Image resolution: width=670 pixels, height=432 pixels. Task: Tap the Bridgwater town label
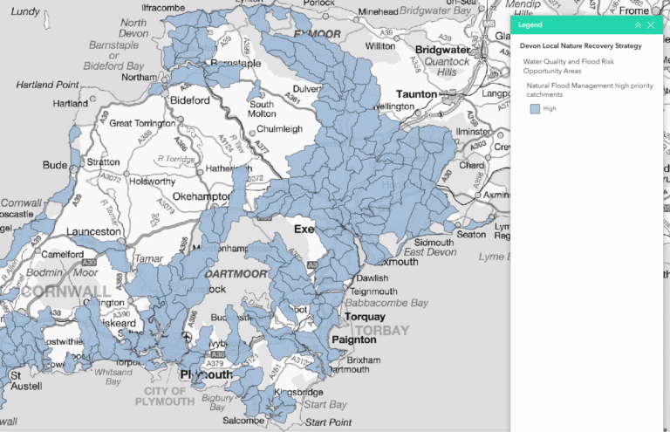pyautogui.click(x=444, y=50)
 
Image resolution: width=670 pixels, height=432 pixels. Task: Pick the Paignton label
pyautogui.click(x=354, y=339)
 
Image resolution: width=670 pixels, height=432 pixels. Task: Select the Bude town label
pyautogui.click(x=55, y=164)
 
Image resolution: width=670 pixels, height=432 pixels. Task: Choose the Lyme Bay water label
pyautogui.click(x=503, y=257)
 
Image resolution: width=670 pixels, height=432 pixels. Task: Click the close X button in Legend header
pyautogui.click(x=651, y=25)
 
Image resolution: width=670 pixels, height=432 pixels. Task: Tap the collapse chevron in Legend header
pyautogui.click(x=638, y=25)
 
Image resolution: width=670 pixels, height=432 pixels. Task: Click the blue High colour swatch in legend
pyautogui.click(x=535, y=109)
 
